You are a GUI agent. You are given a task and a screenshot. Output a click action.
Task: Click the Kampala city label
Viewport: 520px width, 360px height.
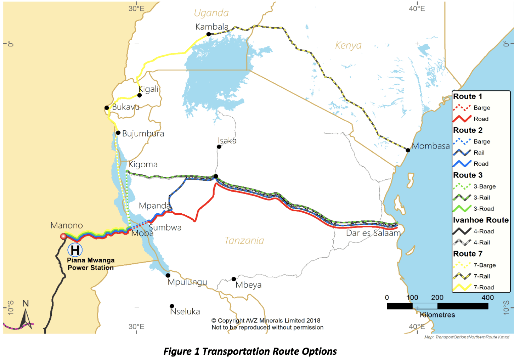(x=212, y=27)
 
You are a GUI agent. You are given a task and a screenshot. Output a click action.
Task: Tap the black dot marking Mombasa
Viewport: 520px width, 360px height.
(x=408, y=150)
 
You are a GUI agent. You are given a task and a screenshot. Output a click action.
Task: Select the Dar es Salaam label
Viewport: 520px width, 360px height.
(x=373, y=233)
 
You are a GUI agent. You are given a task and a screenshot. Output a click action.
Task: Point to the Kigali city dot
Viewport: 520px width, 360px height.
(x=140, y=95)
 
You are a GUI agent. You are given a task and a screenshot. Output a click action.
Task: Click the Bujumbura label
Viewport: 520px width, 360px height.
(x=143, y=134)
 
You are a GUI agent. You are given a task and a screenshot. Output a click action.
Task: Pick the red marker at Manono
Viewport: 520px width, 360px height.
(x=63, y=236)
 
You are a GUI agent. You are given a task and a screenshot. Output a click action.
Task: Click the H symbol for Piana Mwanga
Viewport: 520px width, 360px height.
(x=75, y=250)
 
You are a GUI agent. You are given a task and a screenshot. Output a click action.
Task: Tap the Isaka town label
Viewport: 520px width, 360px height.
(x=227, y=141)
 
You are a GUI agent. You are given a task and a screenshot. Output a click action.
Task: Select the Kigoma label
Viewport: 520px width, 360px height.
(x=143, y=164)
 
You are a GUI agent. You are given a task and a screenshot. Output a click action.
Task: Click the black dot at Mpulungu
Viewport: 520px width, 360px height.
(x=168, y=275)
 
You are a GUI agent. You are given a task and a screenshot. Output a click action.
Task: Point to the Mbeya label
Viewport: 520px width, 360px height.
(x=248, y=285)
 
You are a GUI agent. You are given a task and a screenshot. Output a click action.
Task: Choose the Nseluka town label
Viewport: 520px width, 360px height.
(x=185, y=311)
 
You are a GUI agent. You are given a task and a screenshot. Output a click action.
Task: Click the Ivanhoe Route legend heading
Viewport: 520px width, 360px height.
(x=481, y=220)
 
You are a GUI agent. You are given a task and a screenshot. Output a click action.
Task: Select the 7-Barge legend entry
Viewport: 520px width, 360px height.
(x=484, y=265)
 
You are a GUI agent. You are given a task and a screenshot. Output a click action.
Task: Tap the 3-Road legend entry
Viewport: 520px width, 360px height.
(x=484, y=209)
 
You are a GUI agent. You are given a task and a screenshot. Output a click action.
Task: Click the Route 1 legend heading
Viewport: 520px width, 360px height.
(x=468, y=96)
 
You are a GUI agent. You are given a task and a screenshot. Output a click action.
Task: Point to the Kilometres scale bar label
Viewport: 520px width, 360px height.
(x=437, y=315)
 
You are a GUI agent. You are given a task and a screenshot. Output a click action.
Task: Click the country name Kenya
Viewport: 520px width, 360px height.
(x=348, y=45)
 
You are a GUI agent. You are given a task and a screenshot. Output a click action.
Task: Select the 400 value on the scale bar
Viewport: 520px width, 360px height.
(x=487, y=298)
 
